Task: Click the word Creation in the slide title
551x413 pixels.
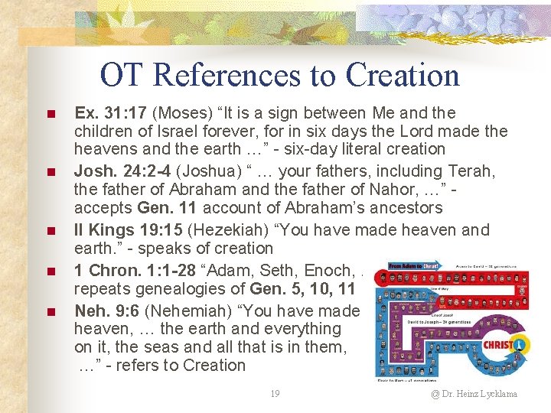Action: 402,76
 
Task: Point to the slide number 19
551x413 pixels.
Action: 275,394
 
